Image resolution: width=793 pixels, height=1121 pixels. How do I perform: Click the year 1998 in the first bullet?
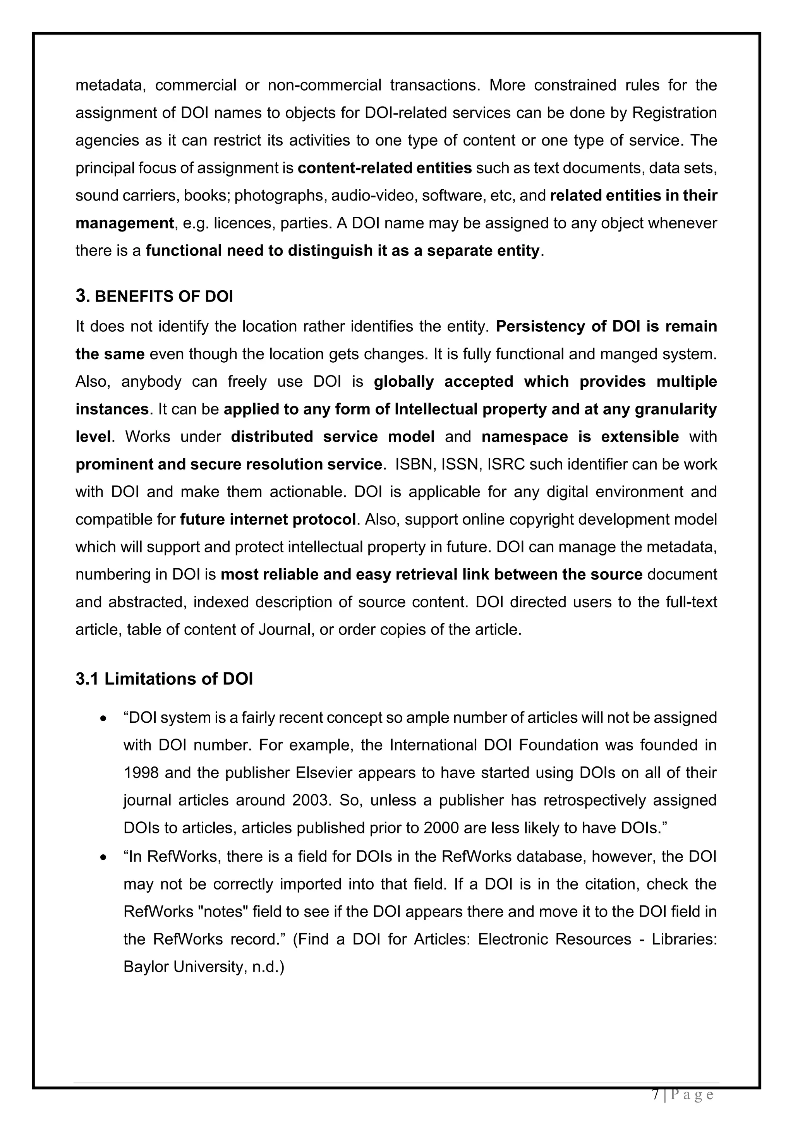141,773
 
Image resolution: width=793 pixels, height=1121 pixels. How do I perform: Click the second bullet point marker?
103,857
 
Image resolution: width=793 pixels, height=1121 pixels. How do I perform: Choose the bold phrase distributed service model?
333,437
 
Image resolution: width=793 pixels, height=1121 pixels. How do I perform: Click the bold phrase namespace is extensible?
580,437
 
